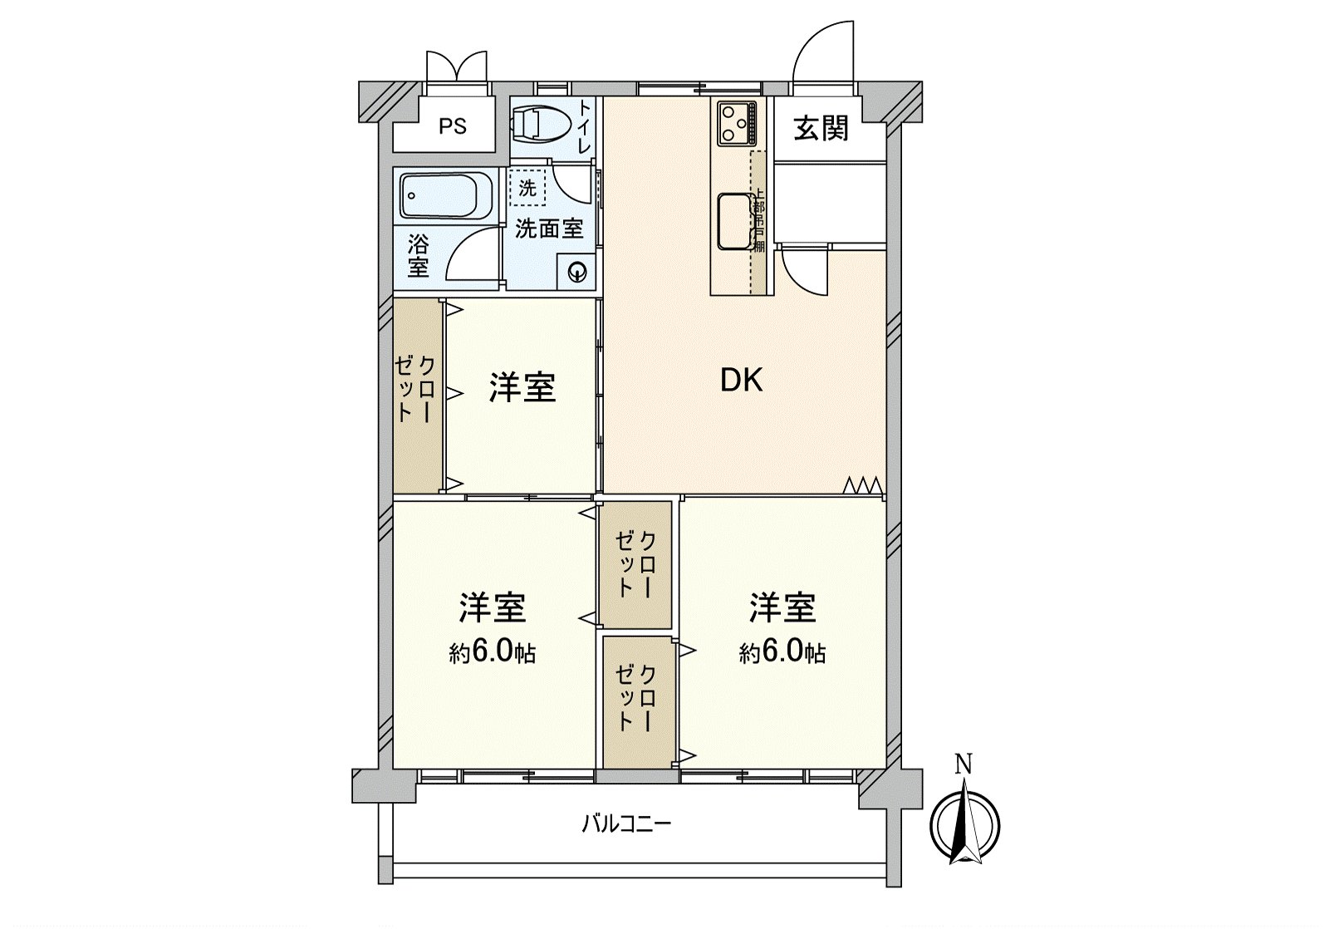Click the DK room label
(x=741, y=381)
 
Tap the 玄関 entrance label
(x=821, y=129)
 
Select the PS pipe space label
(x=453, y=127)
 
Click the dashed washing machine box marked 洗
(x=527, y=188)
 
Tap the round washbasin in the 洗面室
(x=576, y=272)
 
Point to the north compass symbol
(x=964, y=825)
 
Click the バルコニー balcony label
(x=625, y=824)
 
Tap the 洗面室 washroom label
(x=549, y=229)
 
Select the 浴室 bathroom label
(x=419, y=256)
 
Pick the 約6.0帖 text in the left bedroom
(x=492, y=652)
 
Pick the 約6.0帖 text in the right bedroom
(x=782, y=652)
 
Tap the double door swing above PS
(x=456, y=66)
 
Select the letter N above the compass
(x=964, y=763)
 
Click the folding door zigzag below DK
(x=861, y=485)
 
